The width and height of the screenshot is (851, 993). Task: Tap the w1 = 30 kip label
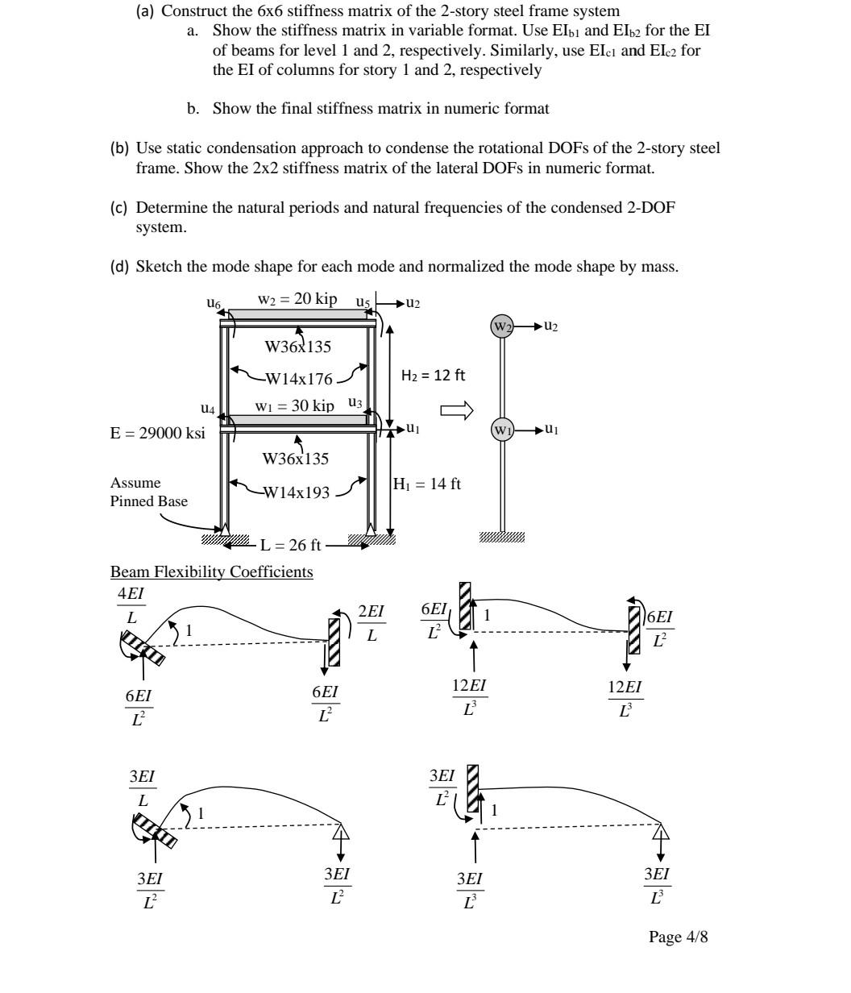coord(294,406)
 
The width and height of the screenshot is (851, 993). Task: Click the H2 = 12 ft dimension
coord(433,375)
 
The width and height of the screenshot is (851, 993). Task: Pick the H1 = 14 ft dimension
coord(427,484)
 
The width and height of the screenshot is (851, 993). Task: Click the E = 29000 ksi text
coord(157,433)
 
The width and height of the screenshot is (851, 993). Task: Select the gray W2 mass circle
coord(502,327)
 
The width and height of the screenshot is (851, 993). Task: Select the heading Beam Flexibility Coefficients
coord(212,572)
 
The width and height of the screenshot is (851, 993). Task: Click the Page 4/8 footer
coord(679,937)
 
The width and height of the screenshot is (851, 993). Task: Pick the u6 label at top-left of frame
coord(213,303)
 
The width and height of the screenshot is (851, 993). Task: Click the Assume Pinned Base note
coord(148,492)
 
